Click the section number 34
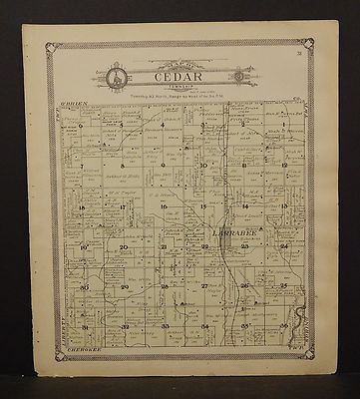(x=203, y=326)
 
